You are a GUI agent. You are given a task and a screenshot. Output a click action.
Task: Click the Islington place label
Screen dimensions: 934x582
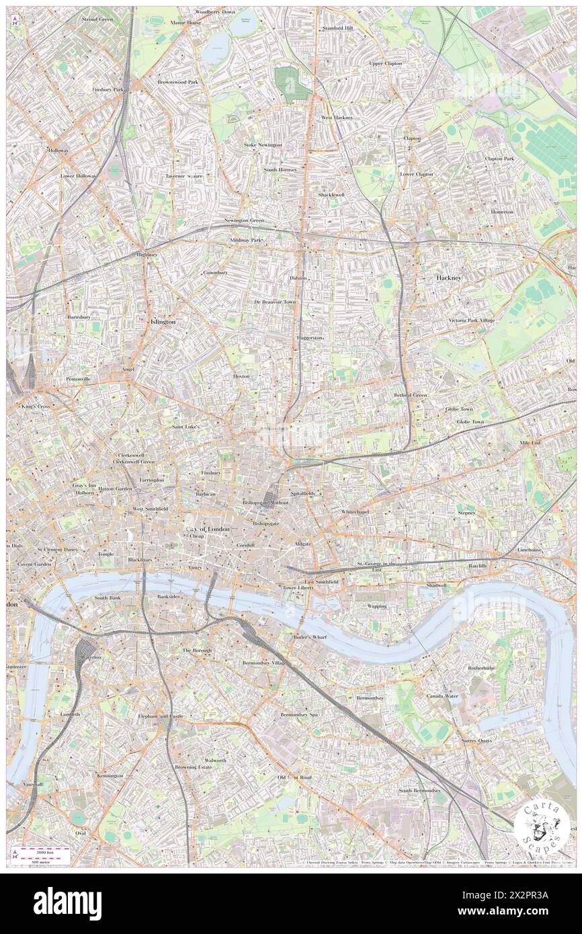tap(161, 322)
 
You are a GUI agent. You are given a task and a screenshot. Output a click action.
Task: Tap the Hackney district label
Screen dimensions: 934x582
tap(449, 277)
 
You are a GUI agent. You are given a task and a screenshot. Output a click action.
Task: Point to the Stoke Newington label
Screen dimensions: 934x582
tap(263, 144)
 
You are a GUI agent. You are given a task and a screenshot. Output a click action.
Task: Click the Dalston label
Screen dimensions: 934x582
tap(298, 278)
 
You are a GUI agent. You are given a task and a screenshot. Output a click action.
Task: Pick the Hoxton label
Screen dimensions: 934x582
tap(241, 376)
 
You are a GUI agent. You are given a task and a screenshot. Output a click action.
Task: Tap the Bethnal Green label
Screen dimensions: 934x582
tap(411, 395)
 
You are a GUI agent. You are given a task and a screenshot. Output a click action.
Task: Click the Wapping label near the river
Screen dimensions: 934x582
tap(376, 606)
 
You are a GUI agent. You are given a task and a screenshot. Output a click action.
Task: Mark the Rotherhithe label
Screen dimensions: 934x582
tap(481, 668)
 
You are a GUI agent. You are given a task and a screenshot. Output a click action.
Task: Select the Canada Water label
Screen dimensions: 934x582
tap(442, 696)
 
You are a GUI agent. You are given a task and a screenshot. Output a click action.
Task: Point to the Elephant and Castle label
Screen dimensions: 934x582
tap(160, 716)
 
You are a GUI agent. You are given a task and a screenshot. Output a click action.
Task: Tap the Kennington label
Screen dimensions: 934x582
tap(110, 775)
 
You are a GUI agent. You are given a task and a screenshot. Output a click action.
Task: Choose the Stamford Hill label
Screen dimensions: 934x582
tap(337, 28)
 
